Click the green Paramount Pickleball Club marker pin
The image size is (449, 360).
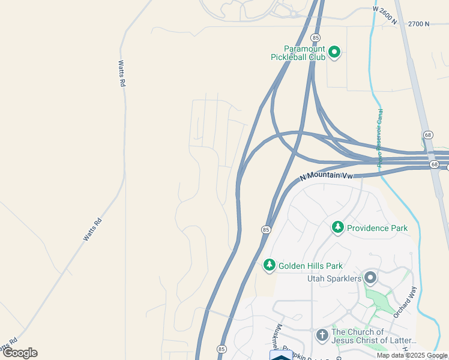[334, 53]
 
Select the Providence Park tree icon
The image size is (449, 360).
[338, 227]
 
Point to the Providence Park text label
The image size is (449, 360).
[378, 228]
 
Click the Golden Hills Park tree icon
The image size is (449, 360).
[270, 265]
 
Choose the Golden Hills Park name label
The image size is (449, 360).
[310, 266]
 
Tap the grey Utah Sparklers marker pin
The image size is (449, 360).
[370, 278]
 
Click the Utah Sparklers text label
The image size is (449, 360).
[334, 279]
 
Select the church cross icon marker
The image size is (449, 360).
[322, 335]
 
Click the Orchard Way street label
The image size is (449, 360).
[405, 302]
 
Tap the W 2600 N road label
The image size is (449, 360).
[385, 14]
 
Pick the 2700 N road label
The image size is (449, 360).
[418, 24]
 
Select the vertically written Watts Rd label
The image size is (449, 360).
[122, 74]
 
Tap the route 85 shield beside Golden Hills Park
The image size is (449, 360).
[265, 230]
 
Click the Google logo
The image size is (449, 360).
[20, 353]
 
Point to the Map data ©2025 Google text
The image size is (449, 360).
[412, 355]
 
